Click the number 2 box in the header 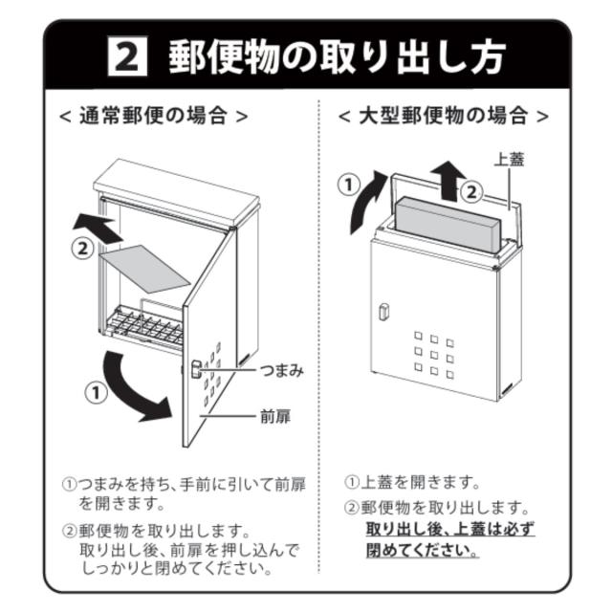pos(127,56)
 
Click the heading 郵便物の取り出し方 pos(338,57)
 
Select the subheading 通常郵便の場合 pos(153,116)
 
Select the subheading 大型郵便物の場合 pos(444,116)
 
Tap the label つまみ pos(282,370)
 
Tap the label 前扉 pos(275,417)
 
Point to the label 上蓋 pos(509,160)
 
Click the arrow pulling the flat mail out pos(98,229)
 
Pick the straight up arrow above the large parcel pos(448,181)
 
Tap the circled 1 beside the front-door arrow pos(96,392)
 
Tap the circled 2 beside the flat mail pos(83,249)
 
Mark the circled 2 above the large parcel pos(471,192)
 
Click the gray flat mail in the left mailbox pos(144,269)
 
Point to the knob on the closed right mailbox pos(382,312)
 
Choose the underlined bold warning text pos(450,540)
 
